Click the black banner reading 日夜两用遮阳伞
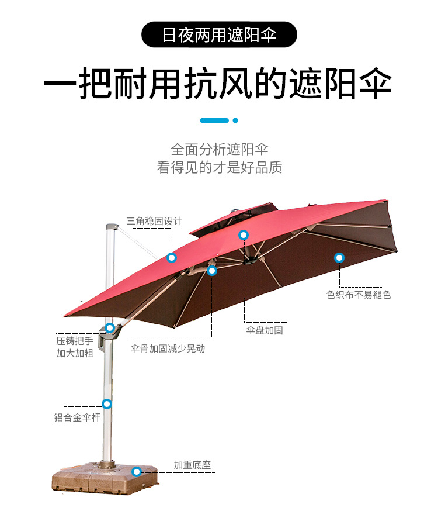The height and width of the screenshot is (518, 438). [x=219, y=34]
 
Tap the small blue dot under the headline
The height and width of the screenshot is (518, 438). [x=235, y=120]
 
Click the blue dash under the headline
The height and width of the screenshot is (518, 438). [x=214, y=120]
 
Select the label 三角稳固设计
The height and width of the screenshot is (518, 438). [x=154, y=221]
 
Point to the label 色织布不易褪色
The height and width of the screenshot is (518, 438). [x=359, y=295]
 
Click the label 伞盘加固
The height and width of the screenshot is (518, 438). [x=265, y=330]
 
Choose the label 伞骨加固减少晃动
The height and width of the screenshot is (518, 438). [x=168, y=348]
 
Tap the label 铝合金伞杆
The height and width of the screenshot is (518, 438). [x=77, y=417]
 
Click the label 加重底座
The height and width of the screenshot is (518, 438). [x=193, y=465]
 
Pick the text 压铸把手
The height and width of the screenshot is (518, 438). [x=75, y=341]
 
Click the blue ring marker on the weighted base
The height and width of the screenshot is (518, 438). [x=137, y=472]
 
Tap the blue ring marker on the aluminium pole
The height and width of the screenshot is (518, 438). [x=107, y=403]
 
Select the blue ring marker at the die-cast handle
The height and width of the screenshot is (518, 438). [x=110, y=328]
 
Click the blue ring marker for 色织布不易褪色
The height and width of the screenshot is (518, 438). [x=339, y=258]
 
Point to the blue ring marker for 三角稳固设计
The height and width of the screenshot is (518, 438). [x=171, y=258]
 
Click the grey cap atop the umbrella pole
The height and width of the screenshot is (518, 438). [x=112, y=227]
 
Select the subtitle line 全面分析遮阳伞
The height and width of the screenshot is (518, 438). [x=219, y=149]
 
